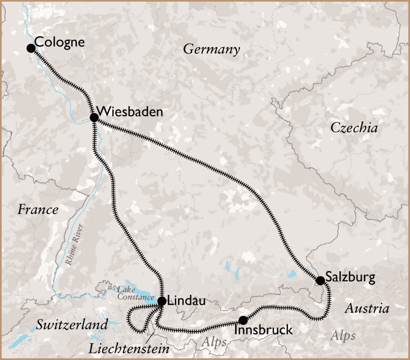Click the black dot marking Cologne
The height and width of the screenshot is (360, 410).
click(31, 48)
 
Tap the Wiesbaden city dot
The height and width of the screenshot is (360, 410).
click(94, 117)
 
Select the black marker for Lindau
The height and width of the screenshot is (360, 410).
click(162, 301)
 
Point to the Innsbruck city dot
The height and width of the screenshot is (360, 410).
click(243, 320)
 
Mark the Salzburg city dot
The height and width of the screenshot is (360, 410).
click(320, 280)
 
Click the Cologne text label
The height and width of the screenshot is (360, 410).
click(59, 42)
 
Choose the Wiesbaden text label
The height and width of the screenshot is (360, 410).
click(130, 111)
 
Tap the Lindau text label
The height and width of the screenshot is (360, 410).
click(187, 301)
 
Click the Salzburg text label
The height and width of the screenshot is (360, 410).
click(350, 277)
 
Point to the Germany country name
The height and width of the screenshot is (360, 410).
click(211, 50)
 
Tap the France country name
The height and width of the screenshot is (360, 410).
click(38, 210)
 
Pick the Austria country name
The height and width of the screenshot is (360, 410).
click(367, 309)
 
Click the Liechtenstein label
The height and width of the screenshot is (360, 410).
click(129, 348)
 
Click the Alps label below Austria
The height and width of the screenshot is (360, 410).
click(343, 336)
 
